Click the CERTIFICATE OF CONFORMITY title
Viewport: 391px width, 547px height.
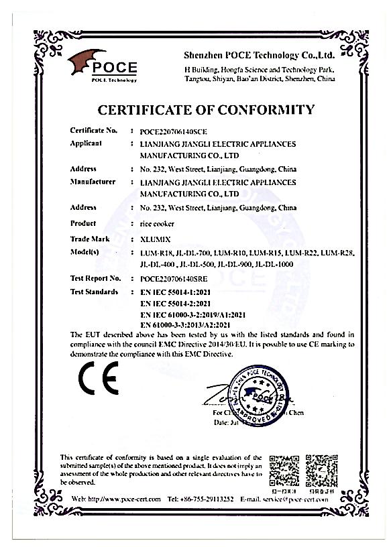pos(206,109)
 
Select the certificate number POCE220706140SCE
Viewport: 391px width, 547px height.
pos(177,132)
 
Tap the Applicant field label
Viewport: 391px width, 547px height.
pos(85,143)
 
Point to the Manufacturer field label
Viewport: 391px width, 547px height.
pos(93,182)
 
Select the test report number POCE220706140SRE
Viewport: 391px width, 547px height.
pos(177,278)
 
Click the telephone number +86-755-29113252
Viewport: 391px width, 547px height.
pos(199,499)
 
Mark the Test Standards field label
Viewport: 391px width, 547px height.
pos(94,292)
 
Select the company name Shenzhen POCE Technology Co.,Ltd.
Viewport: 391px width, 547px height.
pos(259,55)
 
